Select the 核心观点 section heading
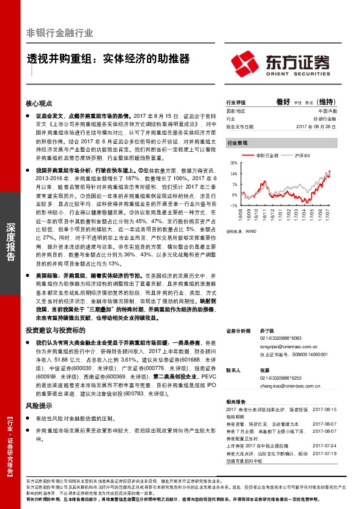point(39,103)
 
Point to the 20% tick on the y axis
point(234,164)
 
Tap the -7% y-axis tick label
point(234,206)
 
